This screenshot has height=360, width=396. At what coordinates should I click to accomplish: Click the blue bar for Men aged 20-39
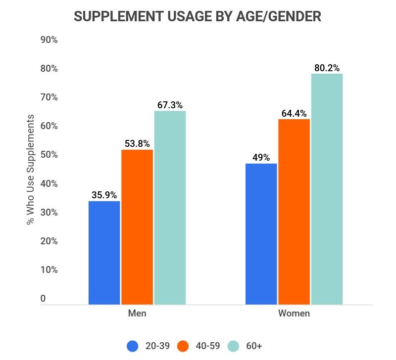104,252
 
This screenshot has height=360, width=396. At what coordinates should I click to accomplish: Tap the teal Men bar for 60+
170,208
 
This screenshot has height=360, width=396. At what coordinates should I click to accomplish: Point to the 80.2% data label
327,68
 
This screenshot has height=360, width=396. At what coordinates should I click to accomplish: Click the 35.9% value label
104,195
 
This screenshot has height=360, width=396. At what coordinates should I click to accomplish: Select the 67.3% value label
170,105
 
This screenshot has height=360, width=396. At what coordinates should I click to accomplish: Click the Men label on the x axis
137,314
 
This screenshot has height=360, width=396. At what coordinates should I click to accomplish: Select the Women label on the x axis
294,314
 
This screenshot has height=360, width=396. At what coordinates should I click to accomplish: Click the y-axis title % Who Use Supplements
31,170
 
